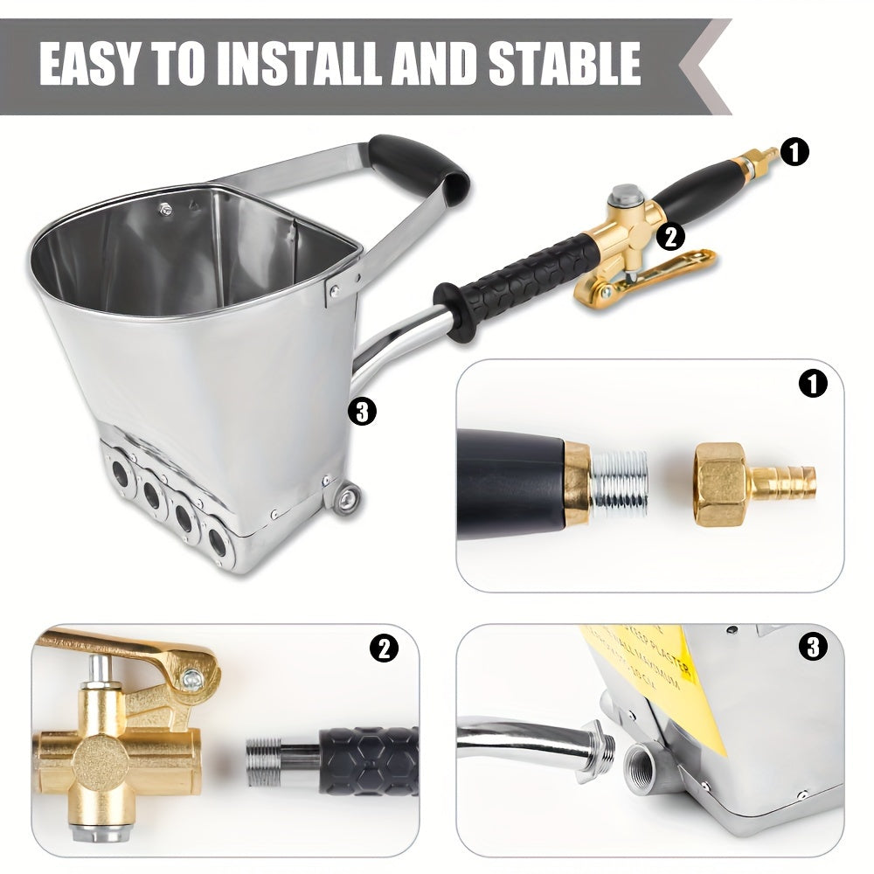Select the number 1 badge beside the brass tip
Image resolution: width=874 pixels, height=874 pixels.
click(794, 153)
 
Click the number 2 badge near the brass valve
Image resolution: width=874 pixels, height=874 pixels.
click(670, 236)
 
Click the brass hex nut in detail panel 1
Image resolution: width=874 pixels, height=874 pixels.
click(720, 483)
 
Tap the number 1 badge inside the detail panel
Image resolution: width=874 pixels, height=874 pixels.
click(813, 383)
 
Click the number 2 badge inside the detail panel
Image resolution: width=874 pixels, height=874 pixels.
click(384, 648)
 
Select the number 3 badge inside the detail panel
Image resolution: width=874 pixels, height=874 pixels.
click(813, 648)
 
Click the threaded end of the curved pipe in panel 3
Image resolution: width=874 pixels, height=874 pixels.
click(594, 749)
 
